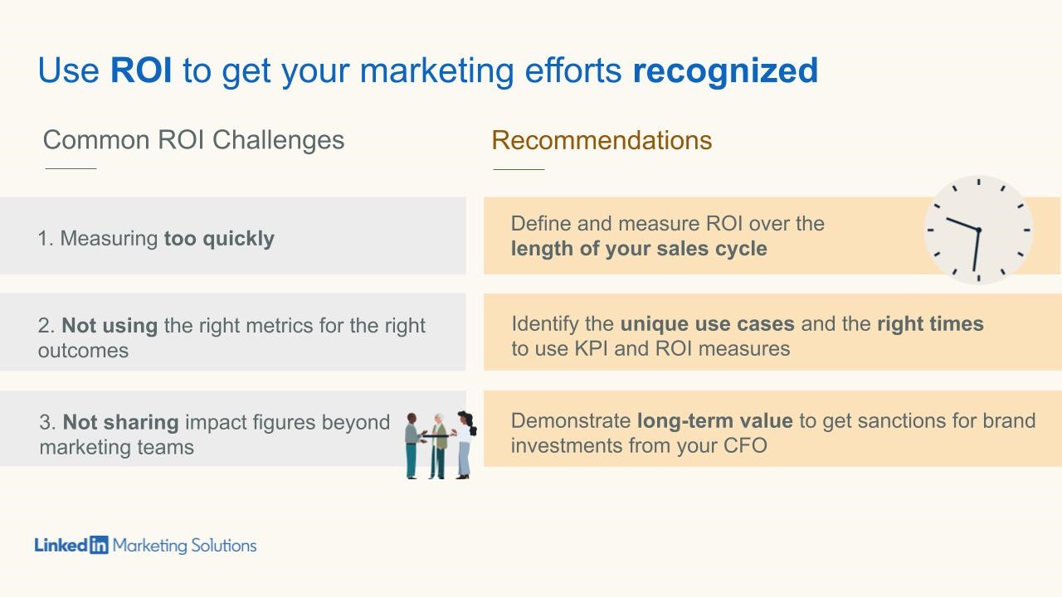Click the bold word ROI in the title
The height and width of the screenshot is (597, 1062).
(x=141, y=70)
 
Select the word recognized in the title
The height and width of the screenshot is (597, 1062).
(x=725, y=70)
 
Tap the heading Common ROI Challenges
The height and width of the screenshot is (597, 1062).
(x=193, y=139)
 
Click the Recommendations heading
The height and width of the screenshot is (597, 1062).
(x=602, y=140)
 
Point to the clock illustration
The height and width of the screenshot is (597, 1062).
(x=978, y=230)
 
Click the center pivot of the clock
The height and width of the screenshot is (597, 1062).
(x=978, y=230)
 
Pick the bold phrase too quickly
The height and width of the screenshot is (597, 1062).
(x=219, y=239)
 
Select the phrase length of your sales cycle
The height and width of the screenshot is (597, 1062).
(x=639, y=249)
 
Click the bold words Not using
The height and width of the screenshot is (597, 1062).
(x=110, y=326)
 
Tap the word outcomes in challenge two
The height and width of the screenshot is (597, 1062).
(x=83, y=350)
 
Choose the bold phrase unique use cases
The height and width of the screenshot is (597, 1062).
(x=707, y=323)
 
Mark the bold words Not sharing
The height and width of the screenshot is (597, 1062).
(x=121, y=422)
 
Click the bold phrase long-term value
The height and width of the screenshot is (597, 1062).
(x=714, y=420)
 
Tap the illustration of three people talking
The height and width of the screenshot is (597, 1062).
(x=441, y=444)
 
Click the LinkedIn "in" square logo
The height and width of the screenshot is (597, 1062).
(x=99, y=546)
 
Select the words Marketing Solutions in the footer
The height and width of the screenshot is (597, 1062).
(x=184, y=546)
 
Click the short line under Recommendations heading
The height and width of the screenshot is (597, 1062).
(x=519, y=169)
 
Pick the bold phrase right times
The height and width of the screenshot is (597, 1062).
(x=930, y=323)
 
